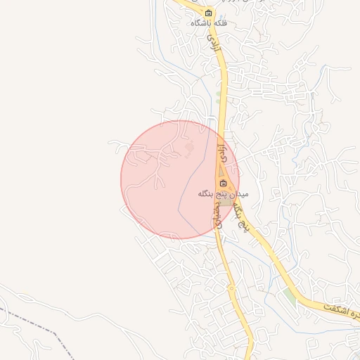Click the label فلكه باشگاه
click(x=208, y=23)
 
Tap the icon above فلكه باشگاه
click(x=208, y=13)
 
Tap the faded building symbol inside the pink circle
click(x=188, y=149)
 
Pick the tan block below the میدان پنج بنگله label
click(x=226, y=202)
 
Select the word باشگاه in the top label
click(x=200, y=23)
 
